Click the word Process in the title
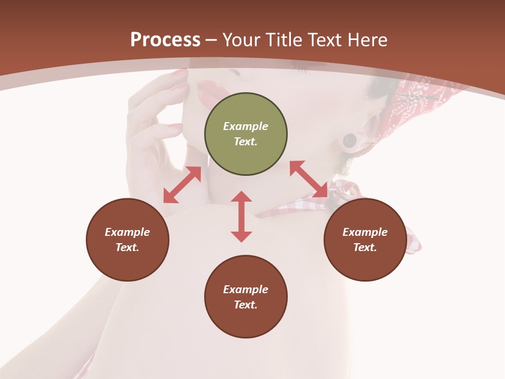click(165, 40)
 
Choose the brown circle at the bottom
click(246, 316)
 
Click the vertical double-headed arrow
click(241, 216)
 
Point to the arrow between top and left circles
click(182, 185)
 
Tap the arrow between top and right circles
click(309, 179)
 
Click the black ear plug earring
click(349, 141)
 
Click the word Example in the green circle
click(246, 126)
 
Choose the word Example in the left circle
click(127, 232)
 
